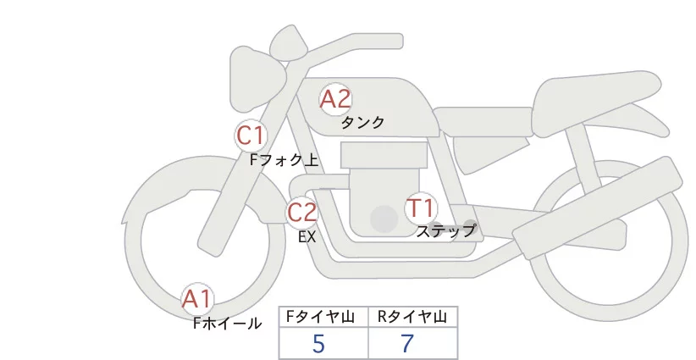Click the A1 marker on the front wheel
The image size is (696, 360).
point(198,299)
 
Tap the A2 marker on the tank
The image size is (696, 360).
point(335,99)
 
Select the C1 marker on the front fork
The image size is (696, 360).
point(251,135)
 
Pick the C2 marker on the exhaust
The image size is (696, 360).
point(302,212)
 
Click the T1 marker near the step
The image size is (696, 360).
point(421,208)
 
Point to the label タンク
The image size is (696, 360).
point(362,122)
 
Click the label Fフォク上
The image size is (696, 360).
point(284,158)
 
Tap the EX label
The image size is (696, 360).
point(307,237)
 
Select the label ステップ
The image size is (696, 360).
point(446,230)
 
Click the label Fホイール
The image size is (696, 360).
point(227,323)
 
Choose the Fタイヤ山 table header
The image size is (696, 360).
point(323,317)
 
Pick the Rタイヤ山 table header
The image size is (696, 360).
point(412,317)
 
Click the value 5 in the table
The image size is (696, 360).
point(318,344)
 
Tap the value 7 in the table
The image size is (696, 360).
point(408,344)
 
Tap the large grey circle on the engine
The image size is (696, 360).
point(384,219)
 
